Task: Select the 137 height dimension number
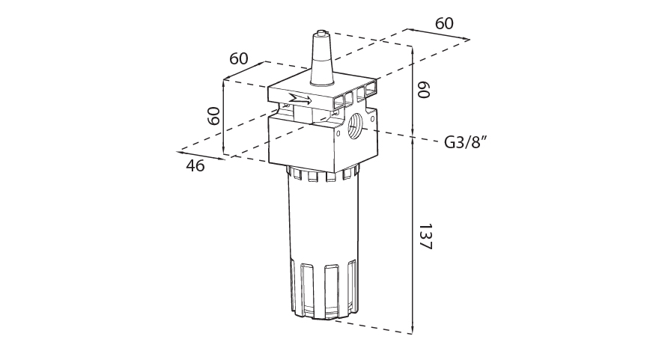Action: tap(425, 237)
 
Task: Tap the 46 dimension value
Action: tap(195, 166)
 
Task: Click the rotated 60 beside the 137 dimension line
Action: tap(423, 91)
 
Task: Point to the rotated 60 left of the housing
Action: tap(213, 116)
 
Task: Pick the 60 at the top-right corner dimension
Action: tap(444, 23)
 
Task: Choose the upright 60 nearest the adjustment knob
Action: tap(239, 58)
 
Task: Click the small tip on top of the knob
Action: tap(321, 33)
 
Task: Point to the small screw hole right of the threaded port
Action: tap(372, 118)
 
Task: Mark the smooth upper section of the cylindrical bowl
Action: tap(322, 217)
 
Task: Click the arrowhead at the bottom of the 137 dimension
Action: tap(413, 330)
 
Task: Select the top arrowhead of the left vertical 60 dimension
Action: tap(224, 82)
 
